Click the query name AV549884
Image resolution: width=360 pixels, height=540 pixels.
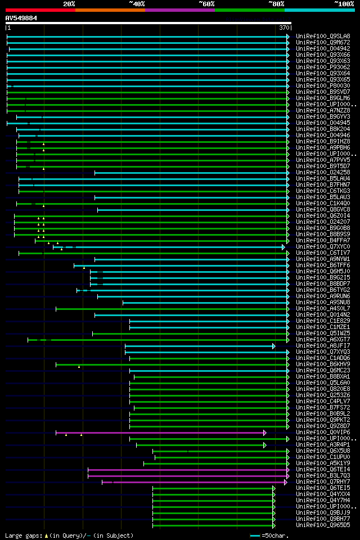pyautogui.click(x=21, y=18)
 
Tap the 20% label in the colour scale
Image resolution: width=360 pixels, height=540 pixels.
pyautogui.click(x=69, y=4)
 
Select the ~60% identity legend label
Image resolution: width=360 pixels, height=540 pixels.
pyautogui.click(x=206, y=4)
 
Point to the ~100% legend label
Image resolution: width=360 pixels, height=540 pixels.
pyautogui.click(x=344, y=4)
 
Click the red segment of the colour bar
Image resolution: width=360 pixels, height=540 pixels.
pyautogui.click(x=40, y=10)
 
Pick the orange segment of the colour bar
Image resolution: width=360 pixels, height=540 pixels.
pyautogui.click(x=110, y=10)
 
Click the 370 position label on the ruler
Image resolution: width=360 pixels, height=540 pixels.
pyautogui.click(x=284, y=28)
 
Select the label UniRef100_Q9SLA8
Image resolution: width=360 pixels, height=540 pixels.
pyautogui.click(x=323, y=37)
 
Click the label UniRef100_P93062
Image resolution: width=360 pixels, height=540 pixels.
pyautogui.click(x=323, y=67)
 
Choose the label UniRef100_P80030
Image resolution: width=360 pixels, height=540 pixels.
pyautogui.click(x=323, y=86)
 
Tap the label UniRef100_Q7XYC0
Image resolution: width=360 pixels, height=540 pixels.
pyautogui.click(x=323, y=247)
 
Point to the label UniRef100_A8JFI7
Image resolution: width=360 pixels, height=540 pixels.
pyautogui.click(x=323, y=346)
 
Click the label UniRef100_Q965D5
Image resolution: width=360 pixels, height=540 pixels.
pyautogui.click(x=323, y=525)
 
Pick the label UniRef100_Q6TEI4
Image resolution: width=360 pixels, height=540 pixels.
pyautogui.click(x=323, y=470)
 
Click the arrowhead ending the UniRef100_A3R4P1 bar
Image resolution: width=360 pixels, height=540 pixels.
pyautogui.click(x=264, y=445)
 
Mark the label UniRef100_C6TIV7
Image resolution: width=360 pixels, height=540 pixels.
pyautogui.click(x=323, y=253)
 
